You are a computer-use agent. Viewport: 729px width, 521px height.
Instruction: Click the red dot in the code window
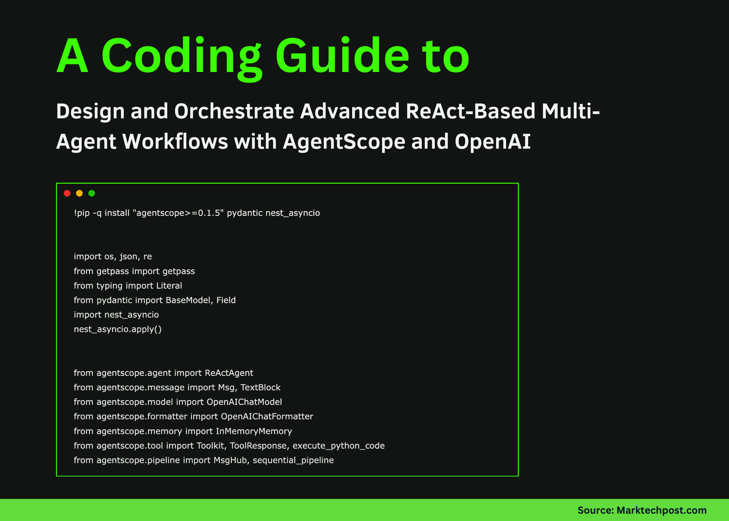pos(67,193)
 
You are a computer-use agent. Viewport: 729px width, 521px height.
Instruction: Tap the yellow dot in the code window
pos(79,193)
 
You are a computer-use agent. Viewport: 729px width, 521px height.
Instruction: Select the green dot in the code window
pos(92,193)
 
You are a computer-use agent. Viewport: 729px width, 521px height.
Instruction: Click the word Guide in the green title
pos(342,57)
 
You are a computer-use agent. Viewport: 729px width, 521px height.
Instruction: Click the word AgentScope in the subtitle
pos(344,142)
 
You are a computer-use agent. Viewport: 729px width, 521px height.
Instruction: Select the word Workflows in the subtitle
pos(175,142)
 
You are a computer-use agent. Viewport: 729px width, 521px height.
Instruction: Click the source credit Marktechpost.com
pos(661,511)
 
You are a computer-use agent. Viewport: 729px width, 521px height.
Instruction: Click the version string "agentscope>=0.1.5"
pos(178,213)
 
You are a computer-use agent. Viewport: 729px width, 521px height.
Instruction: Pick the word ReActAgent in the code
pos(229,373)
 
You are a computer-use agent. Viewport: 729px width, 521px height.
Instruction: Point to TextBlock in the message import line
pos(260,387)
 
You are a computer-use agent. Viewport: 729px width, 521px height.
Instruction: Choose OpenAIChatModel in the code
pos(244,402)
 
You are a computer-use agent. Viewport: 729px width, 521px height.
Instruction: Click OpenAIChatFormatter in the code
pos(267,417)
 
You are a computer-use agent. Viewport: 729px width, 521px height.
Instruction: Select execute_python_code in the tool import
pos(339,446)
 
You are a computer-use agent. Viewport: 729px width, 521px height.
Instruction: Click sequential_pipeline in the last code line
pos(293,460)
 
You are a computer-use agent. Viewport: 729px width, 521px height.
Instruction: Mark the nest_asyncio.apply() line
pos(118,329)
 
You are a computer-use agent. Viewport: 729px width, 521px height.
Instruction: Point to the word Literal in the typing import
pos(169,286)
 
